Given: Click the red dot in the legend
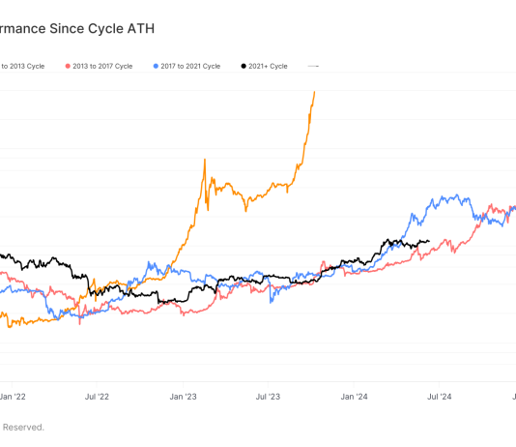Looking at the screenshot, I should point(68,66).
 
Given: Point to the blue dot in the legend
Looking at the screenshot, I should point(158,66).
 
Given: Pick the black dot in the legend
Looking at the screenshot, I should point(243,66).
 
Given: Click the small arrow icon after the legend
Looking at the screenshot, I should point(313,66).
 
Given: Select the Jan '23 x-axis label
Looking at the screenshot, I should point(184,396).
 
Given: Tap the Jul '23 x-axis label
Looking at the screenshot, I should point(269,396).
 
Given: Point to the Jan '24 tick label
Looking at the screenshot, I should point(355,396).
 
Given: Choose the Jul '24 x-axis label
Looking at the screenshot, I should point(440,396).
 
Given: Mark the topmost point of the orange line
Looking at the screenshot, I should point(314,92).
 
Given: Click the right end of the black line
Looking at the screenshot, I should point(429,242).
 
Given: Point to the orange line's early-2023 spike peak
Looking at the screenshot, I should point(205,160).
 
